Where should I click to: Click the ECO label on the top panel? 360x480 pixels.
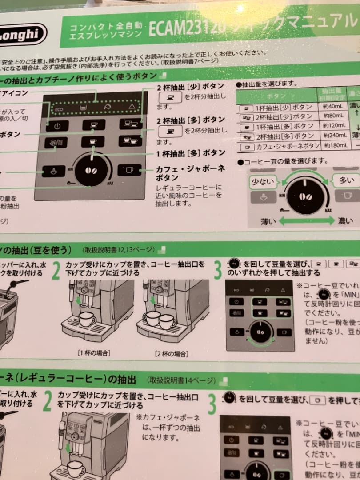(59, 108)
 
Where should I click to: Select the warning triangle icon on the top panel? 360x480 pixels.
(131, 107)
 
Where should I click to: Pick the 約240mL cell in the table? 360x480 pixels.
(335, 136)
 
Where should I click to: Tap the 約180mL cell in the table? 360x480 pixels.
(334, 146)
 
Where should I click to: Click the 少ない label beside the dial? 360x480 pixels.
(263, 181)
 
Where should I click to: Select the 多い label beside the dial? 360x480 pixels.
(347, 180)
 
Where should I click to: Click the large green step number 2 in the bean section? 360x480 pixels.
(56, 271)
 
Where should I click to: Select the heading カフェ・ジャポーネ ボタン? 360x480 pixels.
(190, 173)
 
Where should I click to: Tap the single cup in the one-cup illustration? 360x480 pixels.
(87, 318)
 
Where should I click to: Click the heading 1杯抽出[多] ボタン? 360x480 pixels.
(191, 153)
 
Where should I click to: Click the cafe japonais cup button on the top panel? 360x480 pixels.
(129, 170)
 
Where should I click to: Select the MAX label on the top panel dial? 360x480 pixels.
(109, 183)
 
